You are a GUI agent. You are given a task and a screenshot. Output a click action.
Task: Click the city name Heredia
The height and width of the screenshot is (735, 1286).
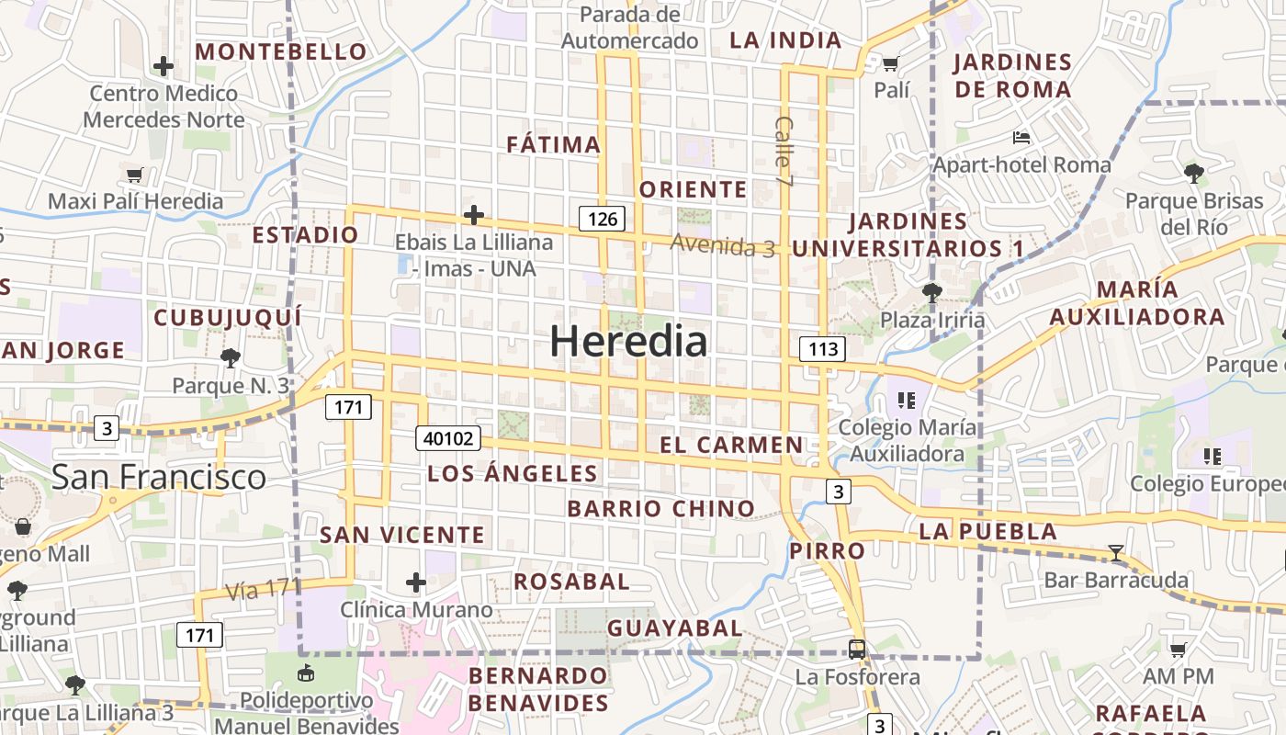(629, 342)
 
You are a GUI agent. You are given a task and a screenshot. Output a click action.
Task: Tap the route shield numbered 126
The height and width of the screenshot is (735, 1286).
(603, 219)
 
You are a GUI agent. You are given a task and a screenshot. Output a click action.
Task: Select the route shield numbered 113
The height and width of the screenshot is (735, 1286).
(822, 349)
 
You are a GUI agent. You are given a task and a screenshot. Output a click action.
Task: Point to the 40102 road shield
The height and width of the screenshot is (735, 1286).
(448, 438)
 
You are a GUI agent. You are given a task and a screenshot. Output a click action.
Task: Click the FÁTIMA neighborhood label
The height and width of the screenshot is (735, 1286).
(554, 144)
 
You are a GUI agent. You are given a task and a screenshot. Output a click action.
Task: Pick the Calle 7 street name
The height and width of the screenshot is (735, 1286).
(784, 141)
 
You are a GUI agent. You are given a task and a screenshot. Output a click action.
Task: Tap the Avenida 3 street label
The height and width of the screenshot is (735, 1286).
(722, 245)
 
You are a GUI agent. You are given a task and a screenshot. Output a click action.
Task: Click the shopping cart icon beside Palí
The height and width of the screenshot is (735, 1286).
(889, 63)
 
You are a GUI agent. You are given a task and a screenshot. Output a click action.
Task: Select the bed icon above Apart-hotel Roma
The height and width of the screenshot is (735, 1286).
(1021, 138)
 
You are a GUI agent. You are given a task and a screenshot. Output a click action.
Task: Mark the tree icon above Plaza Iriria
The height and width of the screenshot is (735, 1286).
(931, 293)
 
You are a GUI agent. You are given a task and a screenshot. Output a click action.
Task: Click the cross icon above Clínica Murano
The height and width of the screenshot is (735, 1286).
(416, 582)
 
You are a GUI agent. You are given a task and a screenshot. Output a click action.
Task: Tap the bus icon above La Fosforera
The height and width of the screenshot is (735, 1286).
(857, 650)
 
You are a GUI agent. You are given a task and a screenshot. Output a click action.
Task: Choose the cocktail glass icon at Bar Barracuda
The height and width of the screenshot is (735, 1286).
(1116, 553)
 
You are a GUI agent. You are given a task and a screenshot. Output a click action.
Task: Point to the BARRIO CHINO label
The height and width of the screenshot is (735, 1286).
(660, 509)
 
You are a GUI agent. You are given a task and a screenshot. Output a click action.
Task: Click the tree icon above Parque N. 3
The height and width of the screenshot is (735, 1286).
(230, 358)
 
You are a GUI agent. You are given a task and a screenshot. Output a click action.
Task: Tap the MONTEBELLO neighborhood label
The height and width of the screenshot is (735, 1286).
(280, 51)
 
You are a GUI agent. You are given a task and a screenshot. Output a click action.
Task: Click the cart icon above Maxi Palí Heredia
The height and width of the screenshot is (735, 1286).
(135, 175)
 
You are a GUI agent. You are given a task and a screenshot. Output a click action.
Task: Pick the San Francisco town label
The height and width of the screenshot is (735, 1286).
(158, 477)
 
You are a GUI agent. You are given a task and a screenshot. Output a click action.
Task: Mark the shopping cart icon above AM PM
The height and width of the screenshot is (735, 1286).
(1178, 650)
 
